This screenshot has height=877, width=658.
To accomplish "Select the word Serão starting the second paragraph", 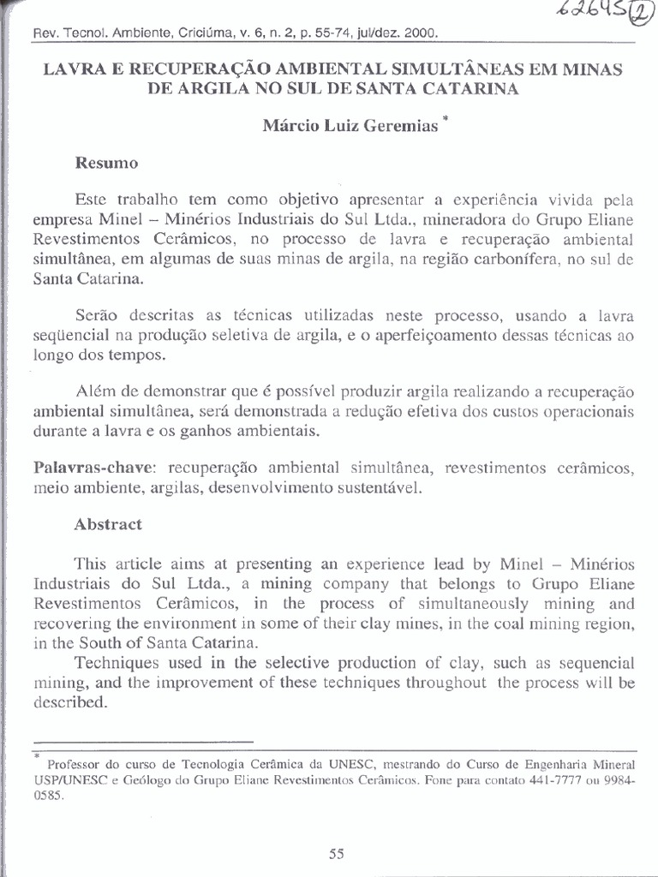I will pyautogui.click(x=96, y=316).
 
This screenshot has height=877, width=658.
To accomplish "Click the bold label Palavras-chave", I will pyautogui.click(x=95, y=469).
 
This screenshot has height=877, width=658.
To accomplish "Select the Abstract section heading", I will pyautogui.click(x=108, y=525).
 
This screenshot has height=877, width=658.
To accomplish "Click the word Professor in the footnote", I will pyautogui.click(x=76, y=764).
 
